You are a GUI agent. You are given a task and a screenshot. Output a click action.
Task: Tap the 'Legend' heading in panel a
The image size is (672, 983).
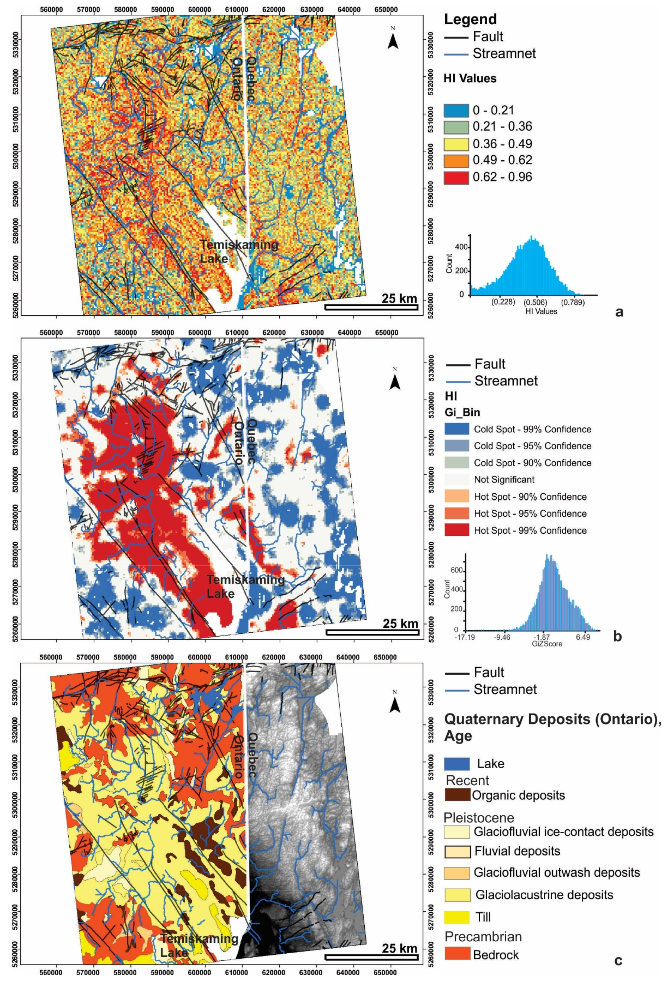pyautogui.click(x=470, y=19)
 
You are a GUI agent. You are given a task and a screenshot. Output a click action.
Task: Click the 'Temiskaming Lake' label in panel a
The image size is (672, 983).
pyautogui.click(x=239, y=251)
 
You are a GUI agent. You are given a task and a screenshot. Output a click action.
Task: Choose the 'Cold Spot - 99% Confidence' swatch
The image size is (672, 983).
pyautogui.click(x=457, y=429)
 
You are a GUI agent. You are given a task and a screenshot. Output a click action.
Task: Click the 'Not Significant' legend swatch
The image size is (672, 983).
pyautogui.click(x=457, y=479)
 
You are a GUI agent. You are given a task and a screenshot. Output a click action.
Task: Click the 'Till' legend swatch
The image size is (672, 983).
pyautogui.click(x=457, y=917)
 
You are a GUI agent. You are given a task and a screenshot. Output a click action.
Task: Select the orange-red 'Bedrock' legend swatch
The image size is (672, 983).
pyautogui.click(x=457, y=955)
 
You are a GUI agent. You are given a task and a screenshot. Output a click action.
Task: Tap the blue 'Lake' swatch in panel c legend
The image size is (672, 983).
pyautogui.click(x=457, y=764)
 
